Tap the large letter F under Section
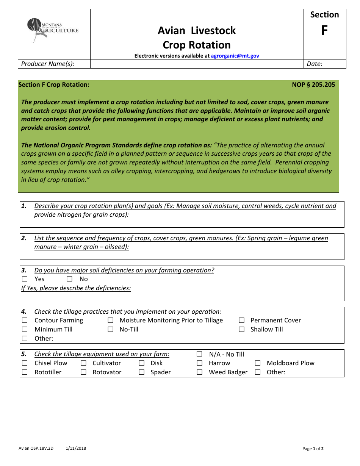coord(324,31)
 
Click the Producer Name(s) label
coord(48,64)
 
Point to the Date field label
coord(314,64)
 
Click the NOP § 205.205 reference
coord(313,84)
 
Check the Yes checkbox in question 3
coord(25,279)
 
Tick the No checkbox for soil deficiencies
coord(70,279)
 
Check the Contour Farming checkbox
coord(25,321)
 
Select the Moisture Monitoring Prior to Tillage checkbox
coord(111,321)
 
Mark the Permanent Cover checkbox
coord(242,321)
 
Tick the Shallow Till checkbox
coord(242,330)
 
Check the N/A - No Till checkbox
coord(200,354)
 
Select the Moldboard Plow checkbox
coord(258,363)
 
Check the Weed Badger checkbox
coord(200,372)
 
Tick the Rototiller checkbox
coord(25,372)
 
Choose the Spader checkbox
coord(142,372)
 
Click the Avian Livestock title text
coord(197,31)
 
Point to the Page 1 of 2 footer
coord(313,449)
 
